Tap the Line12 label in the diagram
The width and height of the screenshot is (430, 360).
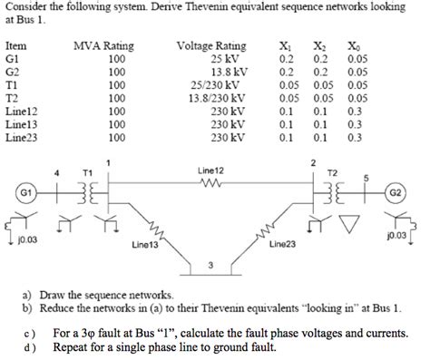[210, 170]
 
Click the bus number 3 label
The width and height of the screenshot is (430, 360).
[211, 266]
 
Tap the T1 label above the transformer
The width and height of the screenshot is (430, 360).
[87, 170]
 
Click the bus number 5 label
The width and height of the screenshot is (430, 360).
[366, 178]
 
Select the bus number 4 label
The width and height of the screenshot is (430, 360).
[59, 170]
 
